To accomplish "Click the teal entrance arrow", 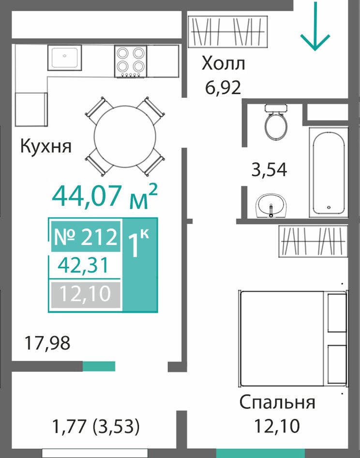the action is (315, 26).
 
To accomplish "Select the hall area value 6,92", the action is (223, 87).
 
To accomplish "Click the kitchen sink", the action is (64, 58).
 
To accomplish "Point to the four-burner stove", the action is (131, 61).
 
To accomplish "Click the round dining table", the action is (125, 136).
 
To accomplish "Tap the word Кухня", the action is (46, 146).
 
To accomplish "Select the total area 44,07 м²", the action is (105, 196).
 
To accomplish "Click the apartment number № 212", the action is (86, 237).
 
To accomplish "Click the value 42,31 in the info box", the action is (83, 265).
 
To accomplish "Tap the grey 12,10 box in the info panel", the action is (86, 295).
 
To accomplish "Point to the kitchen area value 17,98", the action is (47, 343).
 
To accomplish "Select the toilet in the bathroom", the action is (276, 122).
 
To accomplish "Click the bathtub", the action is (329, 173).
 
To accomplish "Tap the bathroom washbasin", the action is (271, 206).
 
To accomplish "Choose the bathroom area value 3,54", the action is (269, 170).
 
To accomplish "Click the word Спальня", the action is (277, 402).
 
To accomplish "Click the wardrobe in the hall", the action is (228, 31).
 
